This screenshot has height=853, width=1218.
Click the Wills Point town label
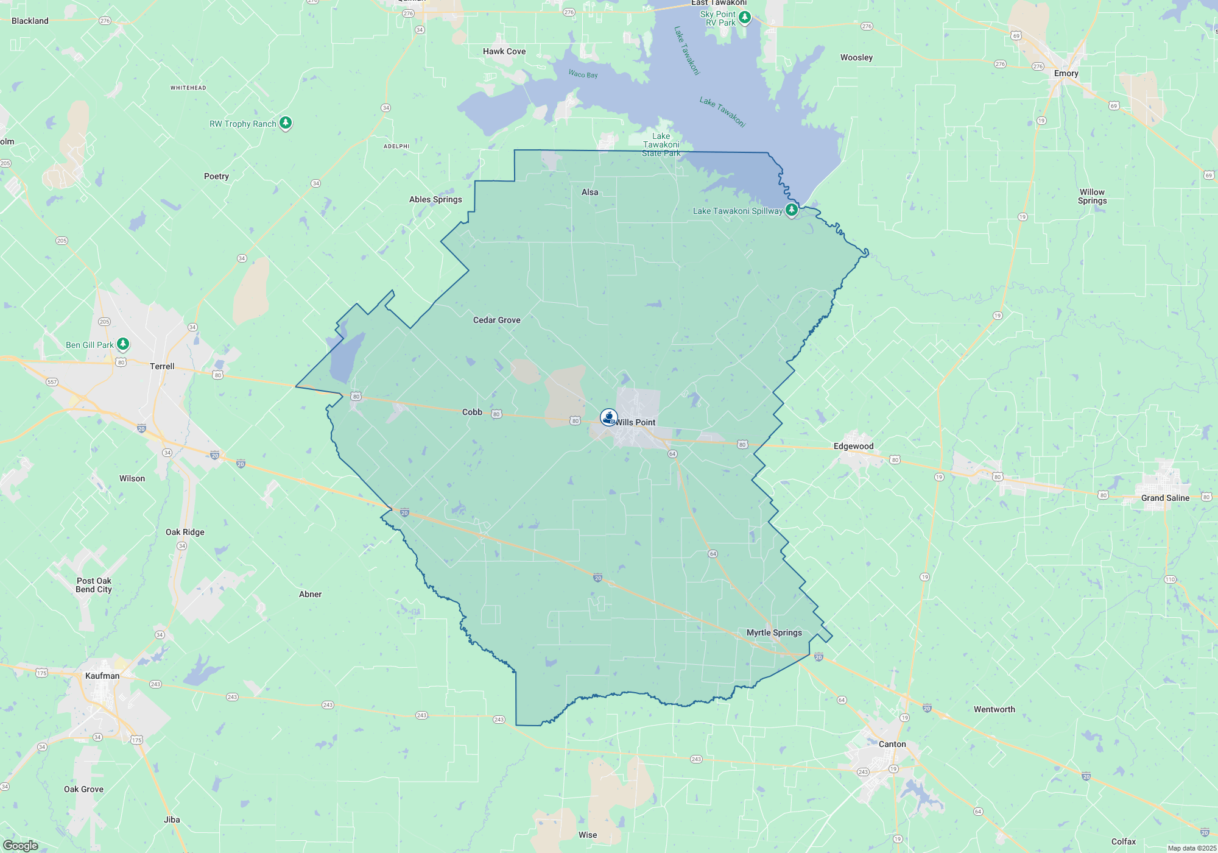[x=636, y=422]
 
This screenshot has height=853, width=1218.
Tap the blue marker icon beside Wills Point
[x=608, y=417]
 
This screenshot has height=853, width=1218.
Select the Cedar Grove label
[x=496, y=320]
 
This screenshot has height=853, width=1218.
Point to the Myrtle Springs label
[x=774, y=632]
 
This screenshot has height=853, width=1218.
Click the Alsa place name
[x=590, y=192]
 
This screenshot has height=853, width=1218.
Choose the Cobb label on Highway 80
[x=472, y=412]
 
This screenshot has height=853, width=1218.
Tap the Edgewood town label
[x=853, y=446]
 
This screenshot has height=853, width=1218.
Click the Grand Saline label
[x=1165, y=498]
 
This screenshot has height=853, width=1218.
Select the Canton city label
[x=892, y=744]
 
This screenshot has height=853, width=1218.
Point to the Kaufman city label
[x=102, y=676]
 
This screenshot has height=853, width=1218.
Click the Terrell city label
[x=162, y=366]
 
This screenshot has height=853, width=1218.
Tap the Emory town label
[x=1066, y=73]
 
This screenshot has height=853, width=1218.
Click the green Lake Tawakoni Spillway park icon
[x=791, y=210]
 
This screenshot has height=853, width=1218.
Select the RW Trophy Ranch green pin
[x=285, y=123]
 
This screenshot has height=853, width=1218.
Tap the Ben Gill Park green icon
[x=123, y=344]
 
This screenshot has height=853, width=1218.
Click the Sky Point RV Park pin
[x=744, y=17]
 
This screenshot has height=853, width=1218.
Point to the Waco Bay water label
[x=583, y=74]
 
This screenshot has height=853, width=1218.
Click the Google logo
[x=21, y=845]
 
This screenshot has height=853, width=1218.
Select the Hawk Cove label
[x=504, y=51]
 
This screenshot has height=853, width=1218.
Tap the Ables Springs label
[x=435, y=199]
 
